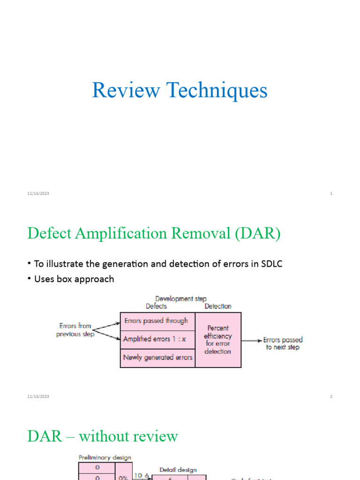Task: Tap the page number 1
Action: (x=331, y=194)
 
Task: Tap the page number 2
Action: (x=331, y=397)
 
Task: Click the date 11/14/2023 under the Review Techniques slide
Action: (x=38, y=194)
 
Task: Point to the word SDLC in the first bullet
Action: (x=271, y=264)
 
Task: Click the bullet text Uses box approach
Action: (x=74, y=279)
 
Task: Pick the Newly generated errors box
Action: (x=157, y=357)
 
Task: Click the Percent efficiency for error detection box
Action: (x=218, y=340)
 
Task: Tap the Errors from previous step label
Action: (x=75, y=330)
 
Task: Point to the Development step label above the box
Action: (x=180, y=299)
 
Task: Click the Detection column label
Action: (x=218, y=306)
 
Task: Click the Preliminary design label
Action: (x=104, y=457)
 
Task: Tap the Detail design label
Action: (x=178, y=469)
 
